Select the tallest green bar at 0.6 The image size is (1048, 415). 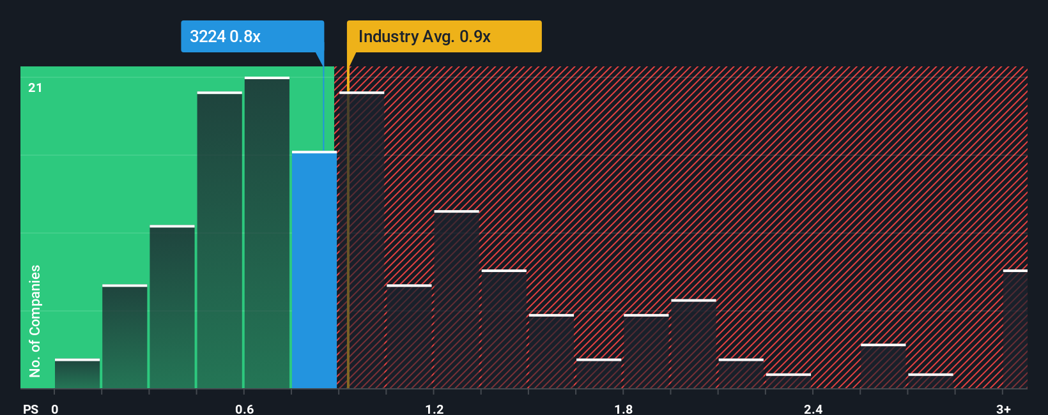267,233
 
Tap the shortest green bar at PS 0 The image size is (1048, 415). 77,374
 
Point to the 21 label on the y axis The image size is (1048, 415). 35,87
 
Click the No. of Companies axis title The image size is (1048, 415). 35,321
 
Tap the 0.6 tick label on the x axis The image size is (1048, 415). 244,409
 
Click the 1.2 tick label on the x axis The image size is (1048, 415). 434,409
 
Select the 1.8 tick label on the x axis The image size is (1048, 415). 624,409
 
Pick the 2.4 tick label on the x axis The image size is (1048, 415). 813,409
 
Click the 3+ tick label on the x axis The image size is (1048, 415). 1003,409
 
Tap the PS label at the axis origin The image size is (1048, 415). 31,409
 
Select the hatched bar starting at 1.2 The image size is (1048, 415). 456,299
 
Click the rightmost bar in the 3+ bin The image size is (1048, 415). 1015,329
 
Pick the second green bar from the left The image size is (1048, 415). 125,336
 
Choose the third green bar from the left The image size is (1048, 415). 172,307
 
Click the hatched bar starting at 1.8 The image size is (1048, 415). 646,351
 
